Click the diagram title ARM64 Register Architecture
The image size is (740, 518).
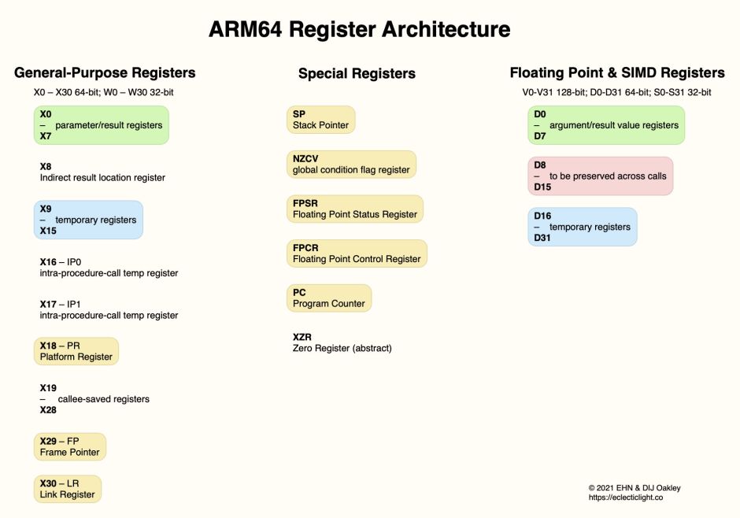tap(359, 30)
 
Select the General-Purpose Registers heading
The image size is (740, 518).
tap(105, 73)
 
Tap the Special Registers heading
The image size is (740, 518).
tap(357, 74)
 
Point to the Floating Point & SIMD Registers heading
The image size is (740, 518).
tap(617, 73)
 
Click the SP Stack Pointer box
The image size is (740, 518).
tap(320, 120)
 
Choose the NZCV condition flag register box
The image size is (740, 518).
tap(350, 164)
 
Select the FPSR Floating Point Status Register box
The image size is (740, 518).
tap(354, 209)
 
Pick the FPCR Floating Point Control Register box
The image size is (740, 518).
tap(356, 253)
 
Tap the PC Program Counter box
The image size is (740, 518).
tap(328, 298)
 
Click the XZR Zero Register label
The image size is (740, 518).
tap(342, 342)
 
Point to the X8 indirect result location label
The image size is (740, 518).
tap(102, 172)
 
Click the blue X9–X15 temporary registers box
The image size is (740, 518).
tap(88, 220)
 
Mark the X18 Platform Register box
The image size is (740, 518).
tap(76, 351)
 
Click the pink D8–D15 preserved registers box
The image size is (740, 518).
tap(600, 176)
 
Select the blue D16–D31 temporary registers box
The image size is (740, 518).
tap(582, 227)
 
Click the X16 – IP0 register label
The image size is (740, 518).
tap(109, 267)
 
